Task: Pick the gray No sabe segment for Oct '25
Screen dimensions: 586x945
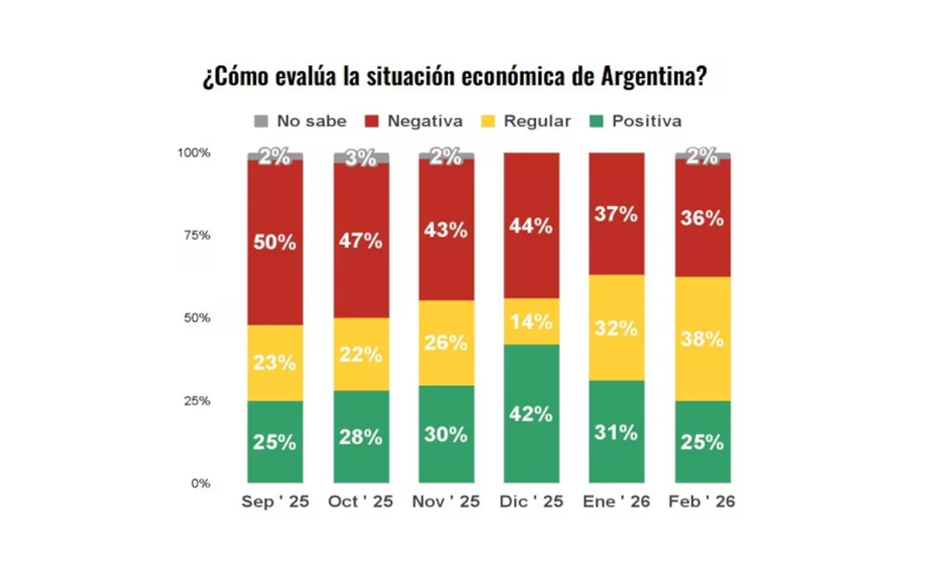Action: [361, 158]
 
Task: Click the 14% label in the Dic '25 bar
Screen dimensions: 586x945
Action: [532, 322]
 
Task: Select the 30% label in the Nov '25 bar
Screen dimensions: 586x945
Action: [446, 434]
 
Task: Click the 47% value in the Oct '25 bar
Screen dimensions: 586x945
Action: [361, 240]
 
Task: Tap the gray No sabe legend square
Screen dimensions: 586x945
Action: [260, 121]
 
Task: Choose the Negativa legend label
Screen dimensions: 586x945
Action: [425, 122]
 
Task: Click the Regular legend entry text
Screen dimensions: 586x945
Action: [537, 122]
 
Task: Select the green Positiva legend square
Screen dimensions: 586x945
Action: [597, 121]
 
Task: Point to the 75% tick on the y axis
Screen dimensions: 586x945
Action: [196, 236]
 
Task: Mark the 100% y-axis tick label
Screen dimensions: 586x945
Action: [194, 153]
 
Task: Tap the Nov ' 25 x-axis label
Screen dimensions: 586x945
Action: [446, 502]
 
